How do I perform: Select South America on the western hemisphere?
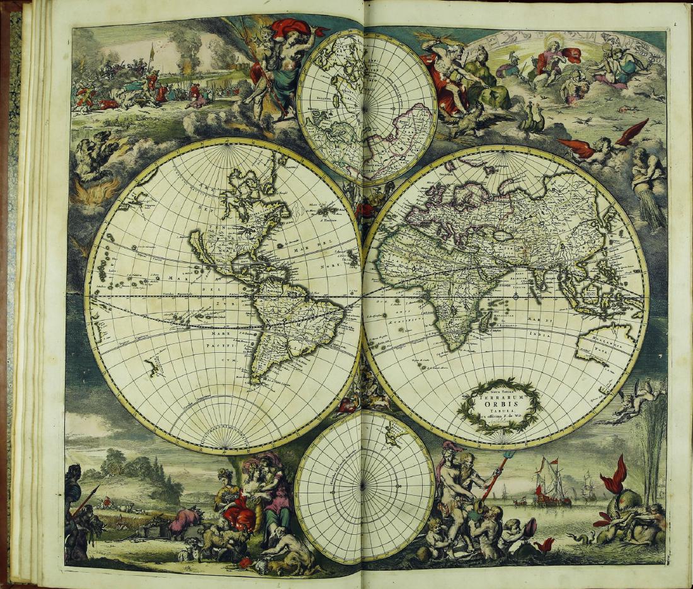[296, 328]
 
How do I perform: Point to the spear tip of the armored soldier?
[98, 489]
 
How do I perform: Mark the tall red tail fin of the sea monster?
[614, 476]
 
